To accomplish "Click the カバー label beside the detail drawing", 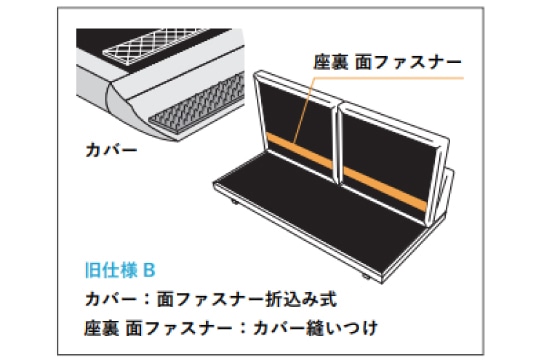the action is tap(111, 150).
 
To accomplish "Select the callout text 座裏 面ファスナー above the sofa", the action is tap(387, 62).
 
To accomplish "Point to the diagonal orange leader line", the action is tap(304, 110).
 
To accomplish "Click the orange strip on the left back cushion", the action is tap(300, 151).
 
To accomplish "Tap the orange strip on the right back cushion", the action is tap(386, 189).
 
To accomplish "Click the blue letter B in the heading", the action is tap(149, 270).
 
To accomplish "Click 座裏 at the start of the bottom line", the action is tap(102, 328).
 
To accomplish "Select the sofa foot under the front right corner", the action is tap(366, 277).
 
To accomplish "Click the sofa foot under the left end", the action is tap(235, 202).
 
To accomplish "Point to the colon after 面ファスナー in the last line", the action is tap(243, 328).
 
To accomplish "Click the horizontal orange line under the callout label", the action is tap(390, 78).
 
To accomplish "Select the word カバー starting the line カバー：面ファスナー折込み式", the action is tap(111, 299).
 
